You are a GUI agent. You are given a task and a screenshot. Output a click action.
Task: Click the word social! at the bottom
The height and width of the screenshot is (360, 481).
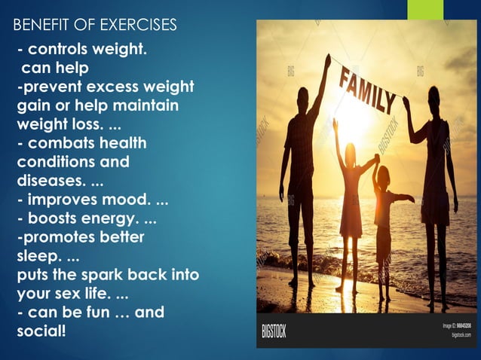(x=41, y=330)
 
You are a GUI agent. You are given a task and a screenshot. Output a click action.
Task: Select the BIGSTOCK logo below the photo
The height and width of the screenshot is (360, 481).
(x=274, y=331)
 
